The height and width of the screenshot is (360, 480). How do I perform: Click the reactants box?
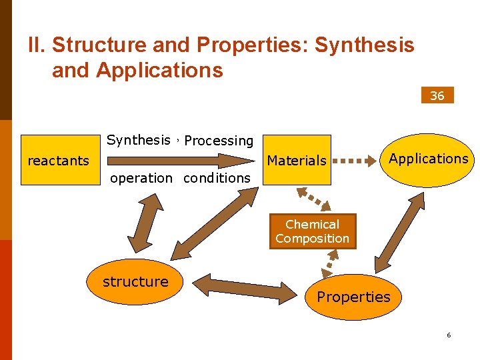[x=59, y=160]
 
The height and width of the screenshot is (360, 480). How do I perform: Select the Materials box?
[x=297, y=160]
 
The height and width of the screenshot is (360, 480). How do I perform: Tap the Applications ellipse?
[x=429, y=159]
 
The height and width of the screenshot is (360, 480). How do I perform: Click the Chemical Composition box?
[x=312, y=231]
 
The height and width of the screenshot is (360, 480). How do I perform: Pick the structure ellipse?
[x=136, y=282]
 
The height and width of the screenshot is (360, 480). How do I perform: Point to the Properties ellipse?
[x=353, y=297]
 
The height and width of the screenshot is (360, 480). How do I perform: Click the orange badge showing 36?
[x=437, y=95]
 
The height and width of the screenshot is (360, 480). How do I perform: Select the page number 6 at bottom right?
[x=449, y=335]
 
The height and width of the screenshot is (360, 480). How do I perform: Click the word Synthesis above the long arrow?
[x=139, y=140]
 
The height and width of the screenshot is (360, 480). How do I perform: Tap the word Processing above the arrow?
[x=219, y=141]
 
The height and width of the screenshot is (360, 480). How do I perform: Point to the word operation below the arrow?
[x=141, y=178]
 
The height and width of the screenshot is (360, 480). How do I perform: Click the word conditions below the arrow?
[x=217, y=178]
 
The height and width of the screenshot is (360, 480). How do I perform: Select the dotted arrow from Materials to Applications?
[x=354, y=161]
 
